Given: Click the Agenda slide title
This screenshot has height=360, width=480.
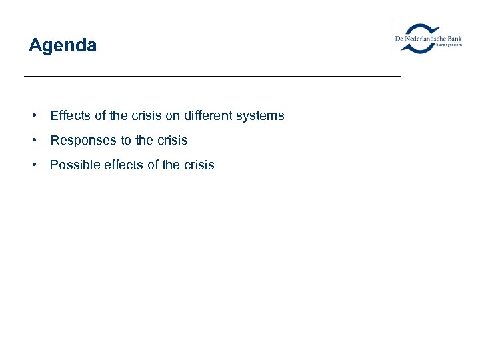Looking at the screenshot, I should [x=63, y=45].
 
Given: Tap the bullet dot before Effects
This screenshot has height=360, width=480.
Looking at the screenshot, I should [x=33, y=116].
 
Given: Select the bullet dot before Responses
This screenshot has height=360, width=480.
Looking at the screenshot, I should [x=33, y=141].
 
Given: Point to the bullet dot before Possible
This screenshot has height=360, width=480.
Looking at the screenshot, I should [x=33, y=165].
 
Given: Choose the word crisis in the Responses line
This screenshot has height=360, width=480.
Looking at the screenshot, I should [x=172, y=141].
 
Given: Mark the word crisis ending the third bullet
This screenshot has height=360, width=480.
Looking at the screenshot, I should [x=199, y=165].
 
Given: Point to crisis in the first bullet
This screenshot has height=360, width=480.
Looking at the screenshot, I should [x=147, y=116].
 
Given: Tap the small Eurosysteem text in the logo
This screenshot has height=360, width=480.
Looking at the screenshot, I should [x=449, y=45].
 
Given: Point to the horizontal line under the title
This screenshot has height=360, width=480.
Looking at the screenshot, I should [x=212, y=77].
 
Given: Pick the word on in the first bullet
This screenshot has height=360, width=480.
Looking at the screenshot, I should [x=173, y=116].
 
